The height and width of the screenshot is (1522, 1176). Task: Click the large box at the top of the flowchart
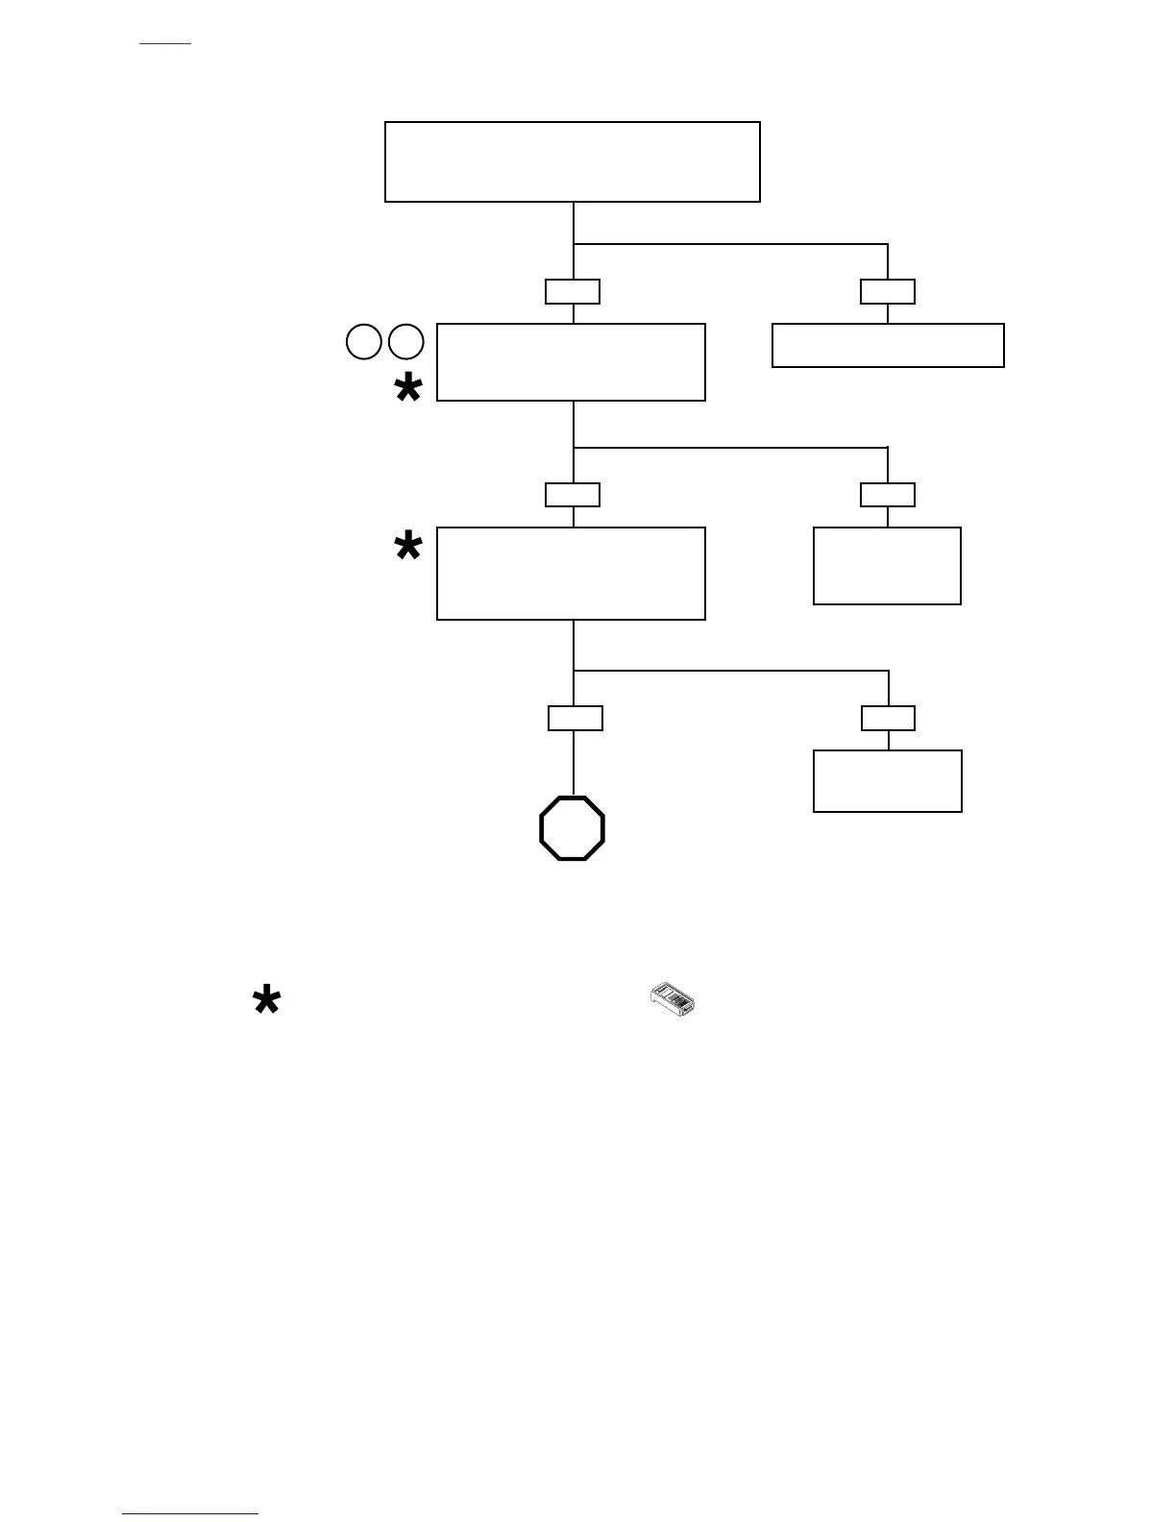tap(572, 161)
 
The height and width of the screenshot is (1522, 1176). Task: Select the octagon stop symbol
tap(573, 828)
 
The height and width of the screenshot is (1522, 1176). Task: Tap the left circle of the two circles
tap(363, 342)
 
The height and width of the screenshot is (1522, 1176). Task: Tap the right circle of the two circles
tap(406, 342)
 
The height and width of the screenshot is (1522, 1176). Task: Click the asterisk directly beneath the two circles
tap(408, 389)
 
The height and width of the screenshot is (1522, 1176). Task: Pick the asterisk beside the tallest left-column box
tap(408, 547)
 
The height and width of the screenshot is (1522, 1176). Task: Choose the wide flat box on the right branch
tap(888, 345)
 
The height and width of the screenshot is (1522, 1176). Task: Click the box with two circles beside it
tap(571, 362)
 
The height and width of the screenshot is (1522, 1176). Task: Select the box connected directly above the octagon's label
tap(571, 574)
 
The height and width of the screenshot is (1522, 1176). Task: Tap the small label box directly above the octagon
tap(576, 718)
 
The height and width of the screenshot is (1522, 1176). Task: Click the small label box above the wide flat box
tap(888, 291)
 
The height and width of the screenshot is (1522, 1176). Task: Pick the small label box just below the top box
tap(573, 291)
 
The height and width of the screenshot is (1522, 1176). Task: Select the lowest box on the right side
tap(888, 781)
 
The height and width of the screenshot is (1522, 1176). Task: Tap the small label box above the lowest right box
tap(888, 718)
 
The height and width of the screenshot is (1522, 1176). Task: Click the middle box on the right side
tap(887, 566)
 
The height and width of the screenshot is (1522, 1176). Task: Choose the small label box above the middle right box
tap(888, 495)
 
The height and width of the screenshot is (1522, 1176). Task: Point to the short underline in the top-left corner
tap(165, 44)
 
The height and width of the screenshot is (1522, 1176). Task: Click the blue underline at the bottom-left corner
tap(190, 1514)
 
